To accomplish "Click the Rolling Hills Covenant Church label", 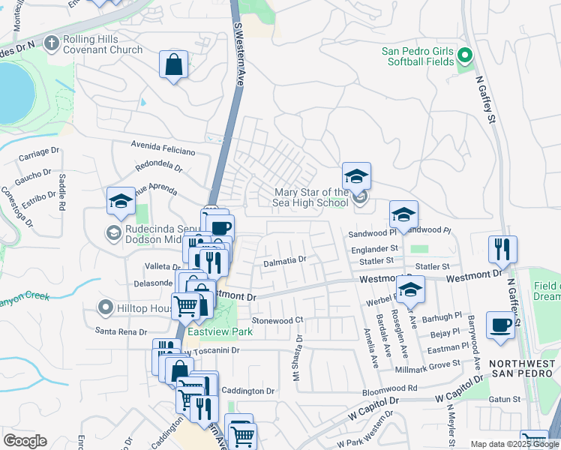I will [x=103, y=45].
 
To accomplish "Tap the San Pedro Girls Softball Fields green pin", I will [x=464, y=55].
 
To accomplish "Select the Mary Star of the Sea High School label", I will [x=310, y=197].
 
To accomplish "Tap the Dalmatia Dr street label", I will [x=285, y=260].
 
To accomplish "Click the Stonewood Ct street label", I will [x=277, y=319].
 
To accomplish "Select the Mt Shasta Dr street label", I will [x=298, y=357].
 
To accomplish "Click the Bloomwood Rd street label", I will [x=389, y=389].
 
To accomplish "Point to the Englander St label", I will [x=373, y=247].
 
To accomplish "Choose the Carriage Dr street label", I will [x=38, y=154].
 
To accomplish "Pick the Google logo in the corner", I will [x=25, y=441].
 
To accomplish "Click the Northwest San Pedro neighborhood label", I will [x=520, y=368].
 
